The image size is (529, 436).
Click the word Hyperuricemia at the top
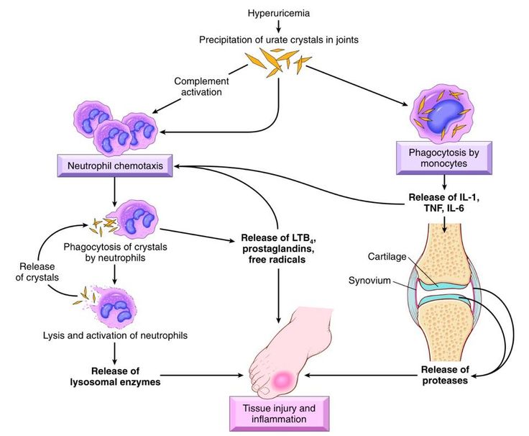[x=279, y=14]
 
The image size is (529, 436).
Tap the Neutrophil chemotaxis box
[x=115, y=165]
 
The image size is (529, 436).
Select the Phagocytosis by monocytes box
[x=444, y=158]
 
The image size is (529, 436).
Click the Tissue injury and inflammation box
[x=279, y=414]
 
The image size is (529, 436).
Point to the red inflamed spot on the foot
[x=282, y=380]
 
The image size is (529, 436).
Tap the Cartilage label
[x=387, y=257]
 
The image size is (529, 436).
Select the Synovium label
[x=369, y=281]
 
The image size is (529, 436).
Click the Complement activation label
[x=201, y=86]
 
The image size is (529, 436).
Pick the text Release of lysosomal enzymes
[x=115, y=376]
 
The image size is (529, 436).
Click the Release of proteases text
[x=445, y=375]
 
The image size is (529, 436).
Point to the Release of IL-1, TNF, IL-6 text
[x=444, y=202]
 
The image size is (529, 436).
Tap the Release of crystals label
[x=37, y=272]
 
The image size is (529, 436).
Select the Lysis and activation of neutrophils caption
[x=115, y=335]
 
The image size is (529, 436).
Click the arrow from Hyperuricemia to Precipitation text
[x=279, y=26]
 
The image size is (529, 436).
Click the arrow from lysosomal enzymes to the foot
[x=202, y=376]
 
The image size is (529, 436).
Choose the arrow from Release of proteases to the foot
[x=361, y=375]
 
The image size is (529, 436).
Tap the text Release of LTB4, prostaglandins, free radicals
[x=277, y=248]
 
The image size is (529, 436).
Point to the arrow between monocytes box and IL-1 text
[x=444, y=182]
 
